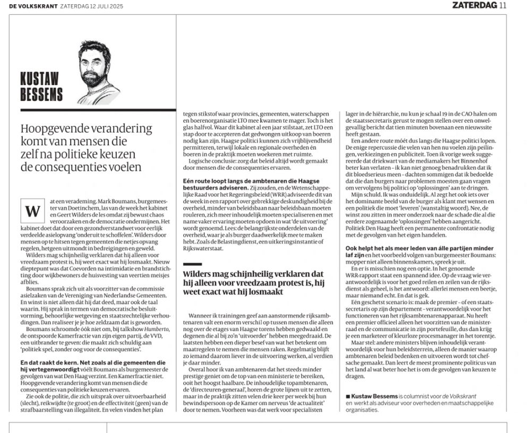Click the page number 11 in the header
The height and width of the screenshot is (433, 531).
(503, 5)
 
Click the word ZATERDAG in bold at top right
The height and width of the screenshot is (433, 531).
(475, 5)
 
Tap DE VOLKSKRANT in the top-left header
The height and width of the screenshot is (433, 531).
(23, 6)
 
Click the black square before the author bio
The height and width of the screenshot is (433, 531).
(348, 395)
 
